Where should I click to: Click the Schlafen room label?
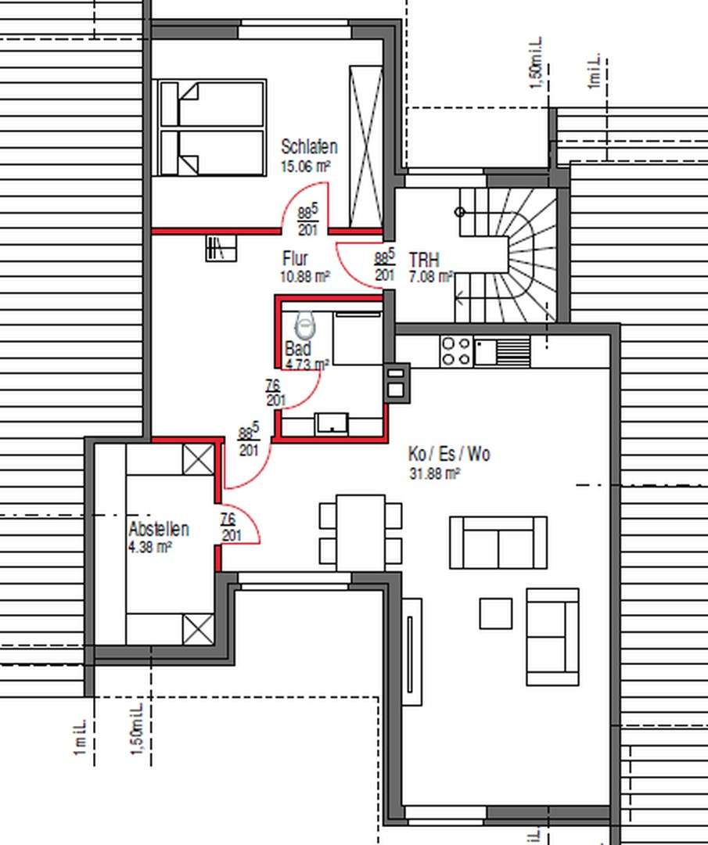tap(309, 147)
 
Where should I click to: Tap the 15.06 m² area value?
tap(304, 166)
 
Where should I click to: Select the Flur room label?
tap(295, 258)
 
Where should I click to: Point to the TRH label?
tap(424, 260)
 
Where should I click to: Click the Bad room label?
tap(298, 349)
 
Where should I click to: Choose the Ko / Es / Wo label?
tap(449, 455)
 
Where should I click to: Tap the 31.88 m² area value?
tap(434, 473)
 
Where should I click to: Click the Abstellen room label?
tap(158, 530)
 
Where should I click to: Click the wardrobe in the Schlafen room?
tap(365, 147)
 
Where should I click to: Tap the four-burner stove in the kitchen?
tap(456, 351)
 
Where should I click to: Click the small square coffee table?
tap(495, 613)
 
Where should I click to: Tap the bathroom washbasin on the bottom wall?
tap(332, 423)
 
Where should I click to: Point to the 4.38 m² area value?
tap(150, 548)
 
